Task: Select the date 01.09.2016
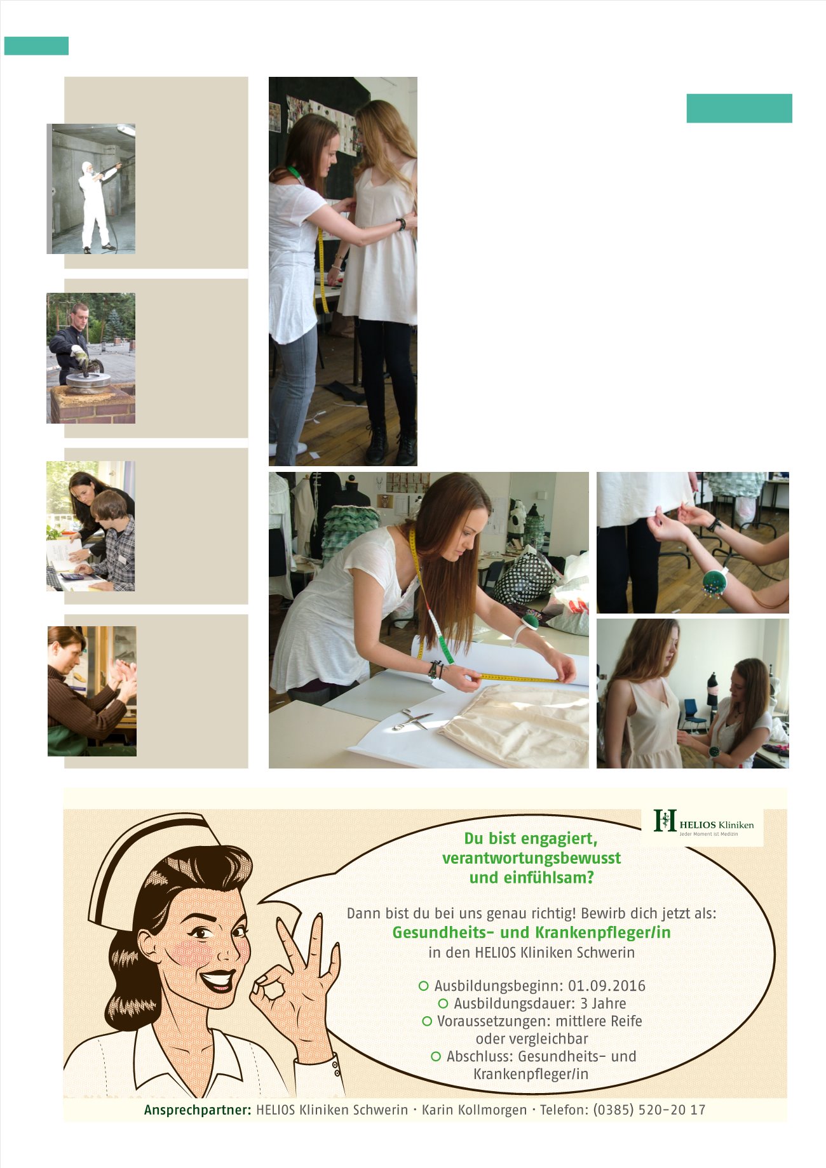pos(606,986)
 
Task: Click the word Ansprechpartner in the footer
pos(198,1110)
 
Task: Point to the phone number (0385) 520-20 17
pos(649,1110)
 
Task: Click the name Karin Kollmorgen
pos(474,1110)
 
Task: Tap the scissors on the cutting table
pos(412,719)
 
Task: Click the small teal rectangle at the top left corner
pos(36,46)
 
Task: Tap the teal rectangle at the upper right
pos(739,108)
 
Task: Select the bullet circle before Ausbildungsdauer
pos(443,1004)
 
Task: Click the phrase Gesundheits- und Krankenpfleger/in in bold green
pos(531,932)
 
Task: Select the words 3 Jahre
pos(603,1004)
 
